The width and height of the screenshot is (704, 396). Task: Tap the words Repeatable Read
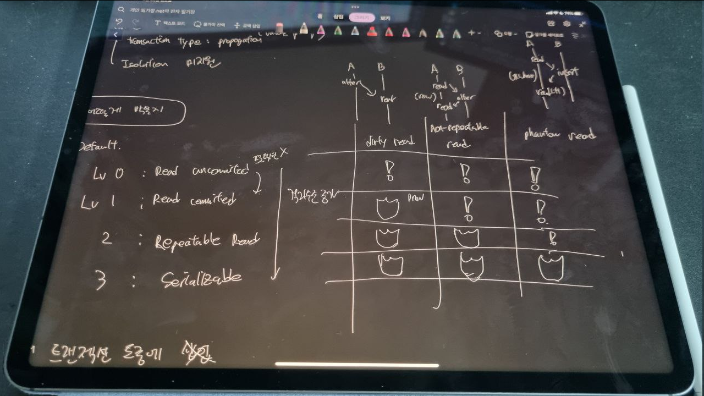(x=206, y=241)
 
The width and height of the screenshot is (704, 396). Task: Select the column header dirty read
(x=391, y=141)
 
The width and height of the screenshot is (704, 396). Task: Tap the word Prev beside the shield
(x=415, y=197)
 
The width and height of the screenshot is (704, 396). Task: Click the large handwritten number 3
(x=100, y=281)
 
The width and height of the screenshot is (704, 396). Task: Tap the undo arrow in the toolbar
(x=119, y=23)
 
